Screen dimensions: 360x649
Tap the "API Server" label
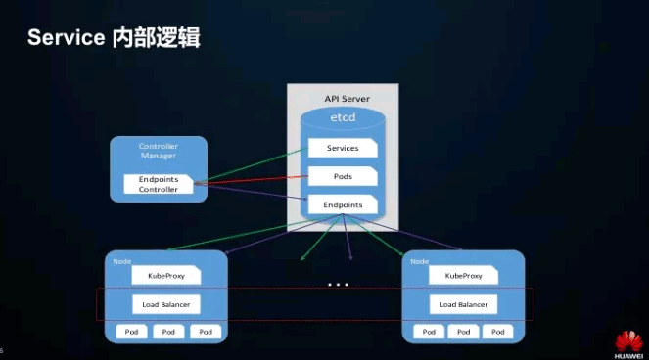[346, 99]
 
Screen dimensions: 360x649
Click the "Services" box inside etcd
[343, 149]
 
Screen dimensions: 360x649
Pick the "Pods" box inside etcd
[343, 177]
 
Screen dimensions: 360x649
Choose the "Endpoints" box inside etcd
[343, 205]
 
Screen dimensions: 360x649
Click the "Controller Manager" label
[158, 151]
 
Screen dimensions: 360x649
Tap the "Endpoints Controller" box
[159, 184]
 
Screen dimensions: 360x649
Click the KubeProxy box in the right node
[463, 276]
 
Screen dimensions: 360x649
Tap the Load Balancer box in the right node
[463, 304]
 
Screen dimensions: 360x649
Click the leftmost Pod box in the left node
[131, 332]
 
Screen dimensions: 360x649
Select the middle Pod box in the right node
[464, 332]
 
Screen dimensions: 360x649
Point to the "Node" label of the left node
[122, 261]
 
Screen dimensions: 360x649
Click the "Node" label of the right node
[419, 261]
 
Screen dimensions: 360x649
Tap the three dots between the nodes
[339, 285]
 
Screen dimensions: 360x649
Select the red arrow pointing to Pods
[250, 178]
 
